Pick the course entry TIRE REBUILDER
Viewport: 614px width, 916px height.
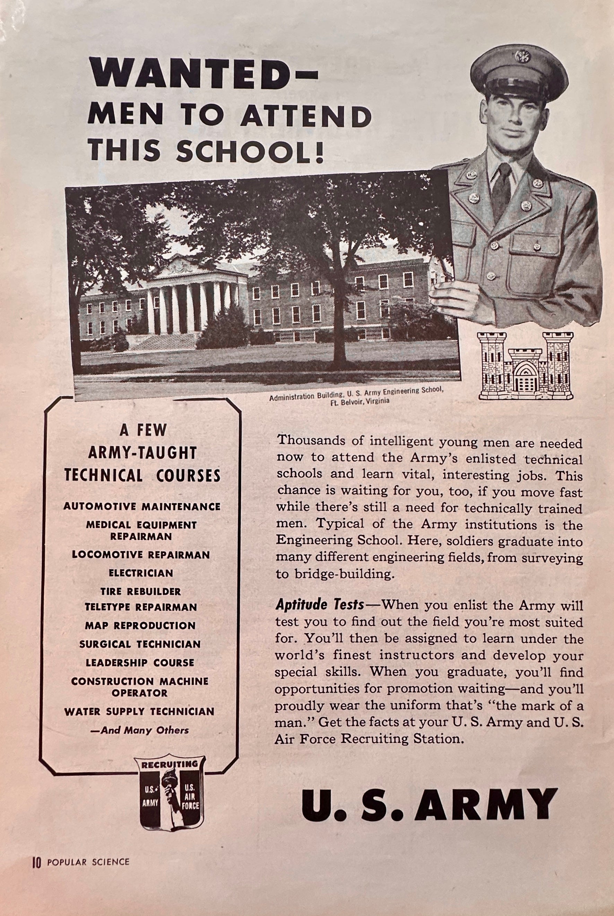140,591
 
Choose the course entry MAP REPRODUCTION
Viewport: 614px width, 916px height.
140,625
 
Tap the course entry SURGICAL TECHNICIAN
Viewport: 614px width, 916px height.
140,644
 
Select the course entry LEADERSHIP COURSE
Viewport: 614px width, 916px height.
140,662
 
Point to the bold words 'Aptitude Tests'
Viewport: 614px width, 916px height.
320,605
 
